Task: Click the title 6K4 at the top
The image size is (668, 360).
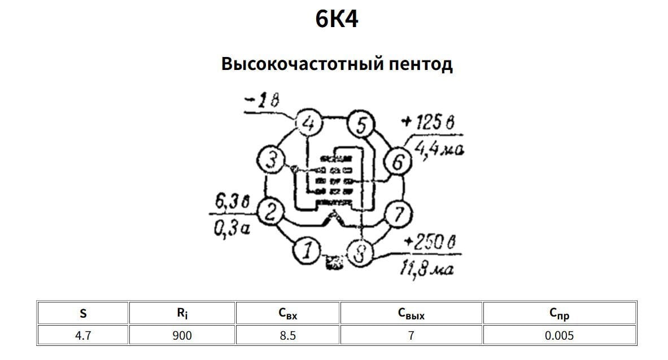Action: click(337, 20)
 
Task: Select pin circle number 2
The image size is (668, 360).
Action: click(270, 213)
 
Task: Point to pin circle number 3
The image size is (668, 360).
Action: click(271, 161)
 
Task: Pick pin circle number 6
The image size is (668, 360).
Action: click(398, 163)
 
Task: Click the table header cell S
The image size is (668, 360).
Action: click(83, 314)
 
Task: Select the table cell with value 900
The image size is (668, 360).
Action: click(182, 336)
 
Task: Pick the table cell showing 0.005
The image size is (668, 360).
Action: click(559, 336)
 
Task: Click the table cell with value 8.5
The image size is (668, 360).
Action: click(287, 336)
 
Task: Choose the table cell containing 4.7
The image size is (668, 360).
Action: click(83, 336)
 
